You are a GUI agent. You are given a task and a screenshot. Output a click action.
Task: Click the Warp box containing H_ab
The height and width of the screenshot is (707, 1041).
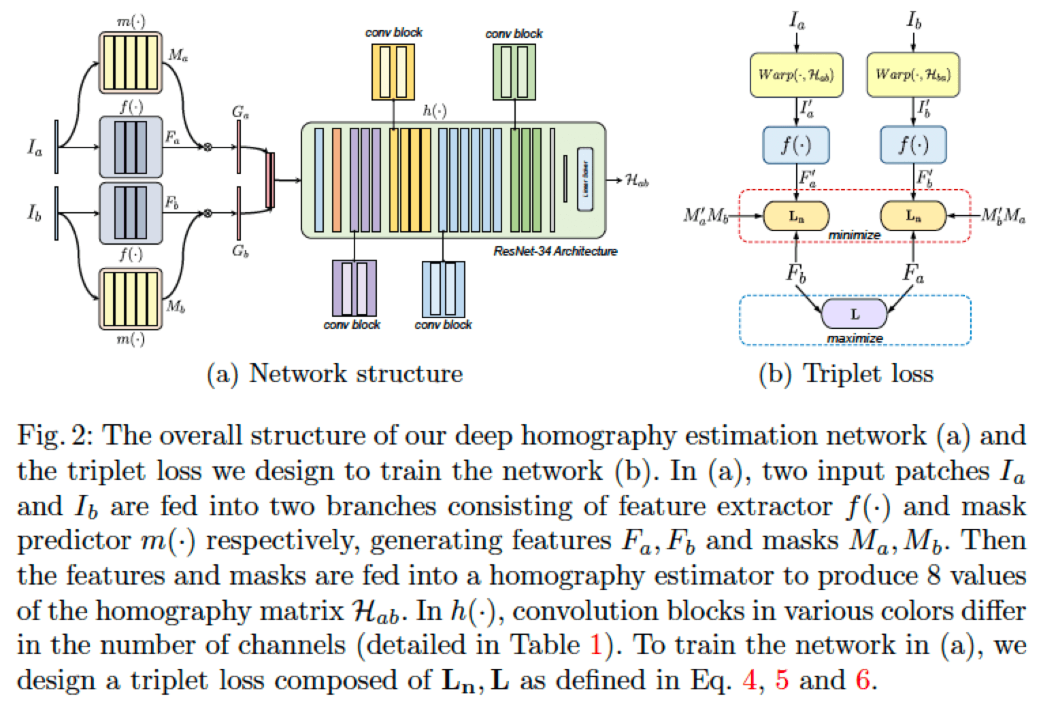[x=795, y=75]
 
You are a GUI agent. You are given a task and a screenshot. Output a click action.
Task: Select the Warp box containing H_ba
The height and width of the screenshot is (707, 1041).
[x=912, y=75]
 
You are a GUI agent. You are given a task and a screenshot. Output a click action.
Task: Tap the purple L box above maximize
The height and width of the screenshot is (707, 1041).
[x=855, y=315]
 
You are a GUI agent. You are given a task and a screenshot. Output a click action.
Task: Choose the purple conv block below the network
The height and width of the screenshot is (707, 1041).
[x=353, y=288]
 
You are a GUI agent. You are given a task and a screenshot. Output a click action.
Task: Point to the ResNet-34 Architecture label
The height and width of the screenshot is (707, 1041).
[x=555, y=252]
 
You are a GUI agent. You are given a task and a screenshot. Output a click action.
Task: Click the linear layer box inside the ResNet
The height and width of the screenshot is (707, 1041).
[x=584, y=179]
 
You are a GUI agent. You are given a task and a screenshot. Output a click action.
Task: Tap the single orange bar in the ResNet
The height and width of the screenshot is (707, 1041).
[x=336, y=179]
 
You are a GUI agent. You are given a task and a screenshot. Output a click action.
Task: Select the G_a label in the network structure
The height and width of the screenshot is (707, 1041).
[x=240, y=111]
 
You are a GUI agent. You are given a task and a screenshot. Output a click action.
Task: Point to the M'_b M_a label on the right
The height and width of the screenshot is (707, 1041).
[x=1003, y=216]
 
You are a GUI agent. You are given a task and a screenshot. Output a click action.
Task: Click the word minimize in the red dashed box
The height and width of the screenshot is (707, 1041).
[x=854, y=235]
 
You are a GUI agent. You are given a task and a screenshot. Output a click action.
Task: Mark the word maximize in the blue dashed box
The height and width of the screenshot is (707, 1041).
[x=855, y=339]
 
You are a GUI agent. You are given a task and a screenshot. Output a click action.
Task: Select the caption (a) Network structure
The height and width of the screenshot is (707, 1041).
[x=335, y=374]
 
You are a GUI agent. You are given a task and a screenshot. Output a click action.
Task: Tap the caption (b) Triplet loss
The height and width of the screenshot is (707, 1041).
[x=846, y=374]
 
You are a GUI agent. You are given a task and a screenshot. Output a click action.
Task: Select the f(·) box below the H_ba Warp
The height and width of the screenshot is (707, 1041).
[x=912, y=145]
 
